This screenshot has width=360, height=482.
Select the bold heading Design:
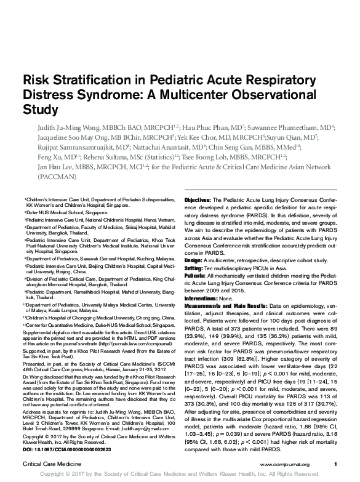click(x=196, y=260)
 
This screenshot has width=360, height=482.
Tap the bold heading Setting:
click(x=197, y=268)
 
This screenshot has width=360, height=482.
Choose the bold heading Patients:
click(x=198, y=277)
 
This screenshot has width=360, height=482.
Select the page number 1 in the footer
click(x=335, y=464)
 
